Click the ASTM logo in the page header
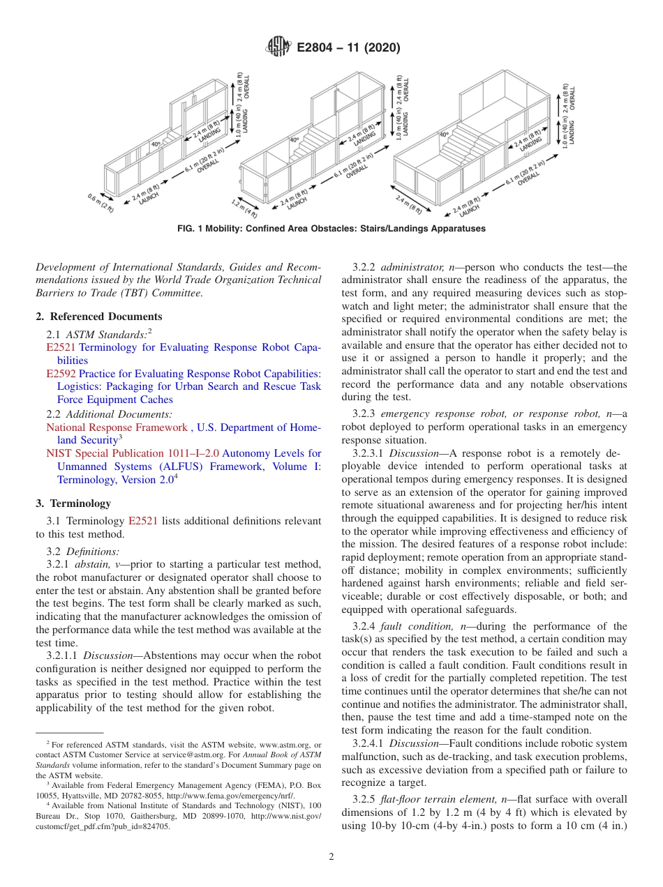coord(278,48)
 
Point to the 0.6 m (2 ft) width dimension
coord(100,204)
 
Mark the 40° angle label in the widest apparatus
coord(444,135)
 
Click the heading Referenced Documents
coord(104,317)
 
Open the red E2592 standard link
coord(61,374)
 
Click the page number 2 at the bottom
coord(331,857)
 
